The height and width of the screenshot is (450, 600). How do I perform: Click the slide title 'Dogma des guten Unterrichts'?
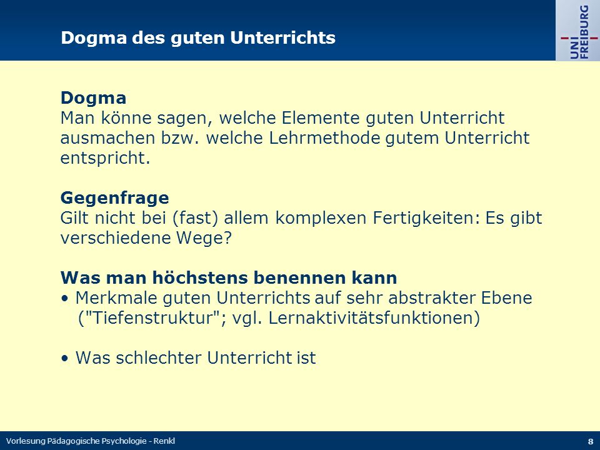(x=198, y=38)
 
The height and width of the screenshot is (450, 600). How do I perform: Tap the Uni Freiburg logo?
(x=577, y=31)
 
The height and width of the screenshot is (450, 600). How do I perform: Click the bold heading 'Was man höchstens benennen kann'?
(x=229, y=277)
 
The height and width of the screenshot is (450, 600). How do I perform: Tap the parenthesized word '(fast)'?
(x=195, y=218)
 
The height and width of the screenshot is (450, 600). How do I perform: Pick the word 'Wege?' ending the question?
(x=204, y=238)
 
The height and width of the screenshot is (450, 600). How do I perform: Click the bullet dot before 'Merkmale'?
(x=65, y=299)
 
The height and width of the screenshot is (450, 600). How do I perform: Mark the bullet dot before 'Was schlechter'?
(x=65, y=359)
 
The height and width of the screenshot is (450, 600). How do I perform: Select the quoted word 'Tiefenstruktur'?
(x=152, y=318)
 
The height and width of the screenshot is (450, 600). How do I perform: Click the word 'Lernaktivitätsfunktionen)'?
(x=374, y=318)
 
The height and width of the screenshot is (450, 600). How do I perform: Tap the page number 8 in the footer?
(x=591, y=441)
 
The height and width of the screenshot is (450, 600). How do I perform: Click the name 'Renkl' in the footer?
(x=164, y=441)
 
